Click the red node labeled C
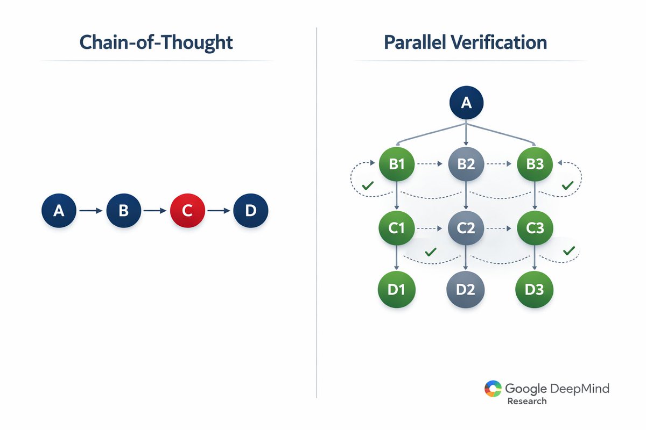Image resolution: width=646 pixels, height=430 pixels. (x=187, y=211)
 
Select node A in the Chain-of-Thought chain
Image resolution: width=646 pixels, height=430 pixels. (x=59, y=211)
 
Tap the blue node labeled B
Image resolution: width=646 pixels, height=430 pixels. (x=123, y=211)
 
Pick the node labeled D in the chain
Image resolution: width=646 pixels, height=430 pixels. (x=250, y=211)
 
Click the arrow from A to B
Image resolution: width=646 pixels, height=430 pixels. (x=91, y=211)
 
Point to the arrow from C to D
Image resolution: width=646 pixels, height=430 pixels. (x=219, y=211)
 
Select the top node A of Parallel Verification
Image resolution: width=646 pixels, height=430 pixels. (x=466, y=102)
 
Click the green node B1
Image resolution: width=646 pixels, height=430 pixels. (x=396, y=163)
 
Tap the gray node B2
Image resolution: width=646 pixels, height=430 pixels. (x=466, y=163)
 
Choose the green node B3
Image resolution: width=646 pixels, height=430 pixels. (x=535, y=163)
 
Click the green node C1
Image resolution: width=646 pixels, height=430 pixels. (x=396, y=227)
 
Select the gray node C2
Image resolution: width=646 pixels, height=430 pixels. (x=466, y=227)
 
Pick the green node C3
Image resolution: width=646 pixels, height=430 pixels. (x=535, y=227)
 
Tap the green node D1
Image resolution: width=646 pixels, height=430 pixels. (x=396, y=289)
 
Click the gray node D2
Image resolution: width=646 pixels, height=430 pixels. (x=466, y=289)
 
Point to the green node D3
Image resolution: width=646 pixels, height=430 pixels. (x=535, y=289)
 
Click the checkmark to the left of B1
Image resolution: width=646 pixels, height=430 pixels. (x=368, y=185)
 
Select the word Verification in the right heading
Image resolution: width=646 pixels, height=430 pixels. (x=502, y=42)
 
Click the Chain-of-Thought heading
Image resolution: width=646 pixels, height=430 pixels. (x=156, y=42)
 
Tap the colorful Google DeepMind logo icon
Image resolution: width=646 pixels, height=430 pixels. (x=493, y=389)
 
